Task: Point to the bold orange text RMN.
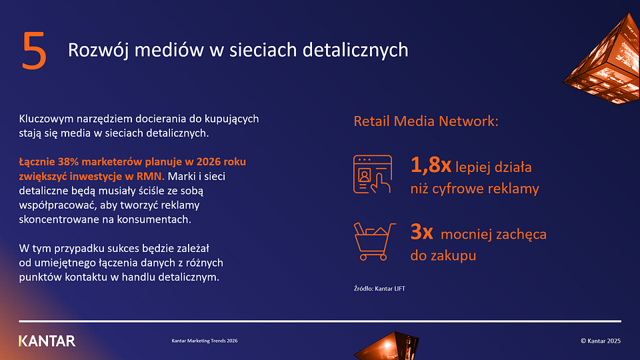point(151,177)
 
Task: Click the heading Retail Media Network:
point(426,121)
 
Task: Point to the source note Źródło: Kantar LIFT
point(379,289)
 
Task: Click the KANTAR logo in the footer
point(47,341)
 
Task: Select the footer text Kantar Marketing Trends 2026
point(204,341)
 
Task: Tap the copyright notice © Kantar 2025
point(601,341)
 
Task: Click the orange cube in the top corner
point(604,60)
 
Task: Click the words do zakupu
point(443,255)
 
